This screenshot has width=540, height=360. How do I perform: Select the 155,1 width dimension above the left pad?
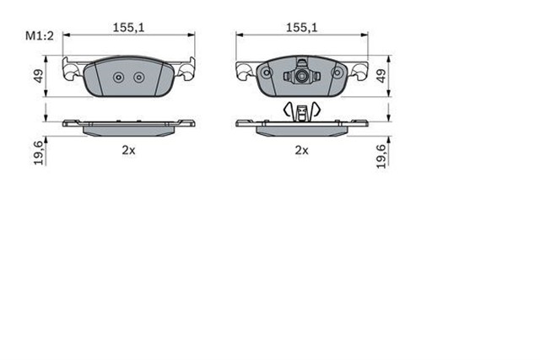coord(130,27)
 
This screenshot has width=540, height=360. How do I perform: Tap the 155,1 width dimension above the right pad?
coord(301,27)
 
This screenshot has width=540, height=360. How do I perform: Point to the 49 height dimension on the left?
coord(39,76)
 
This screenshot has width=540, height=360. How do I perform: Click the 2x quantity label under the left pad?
coord(128,150)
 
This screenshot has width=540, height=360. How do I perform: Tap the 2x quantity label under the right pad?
coord(301,150)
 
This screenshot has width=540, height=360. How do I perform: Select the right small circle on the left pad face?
coord(139,78)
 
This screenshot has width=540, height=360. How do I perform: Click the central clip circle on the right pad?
coord(302,77)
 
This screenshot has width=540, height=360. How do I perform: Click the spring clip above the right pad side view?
coord(301,110)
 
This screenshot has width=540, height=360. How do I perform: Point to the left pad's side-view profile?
coord(130,126)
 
